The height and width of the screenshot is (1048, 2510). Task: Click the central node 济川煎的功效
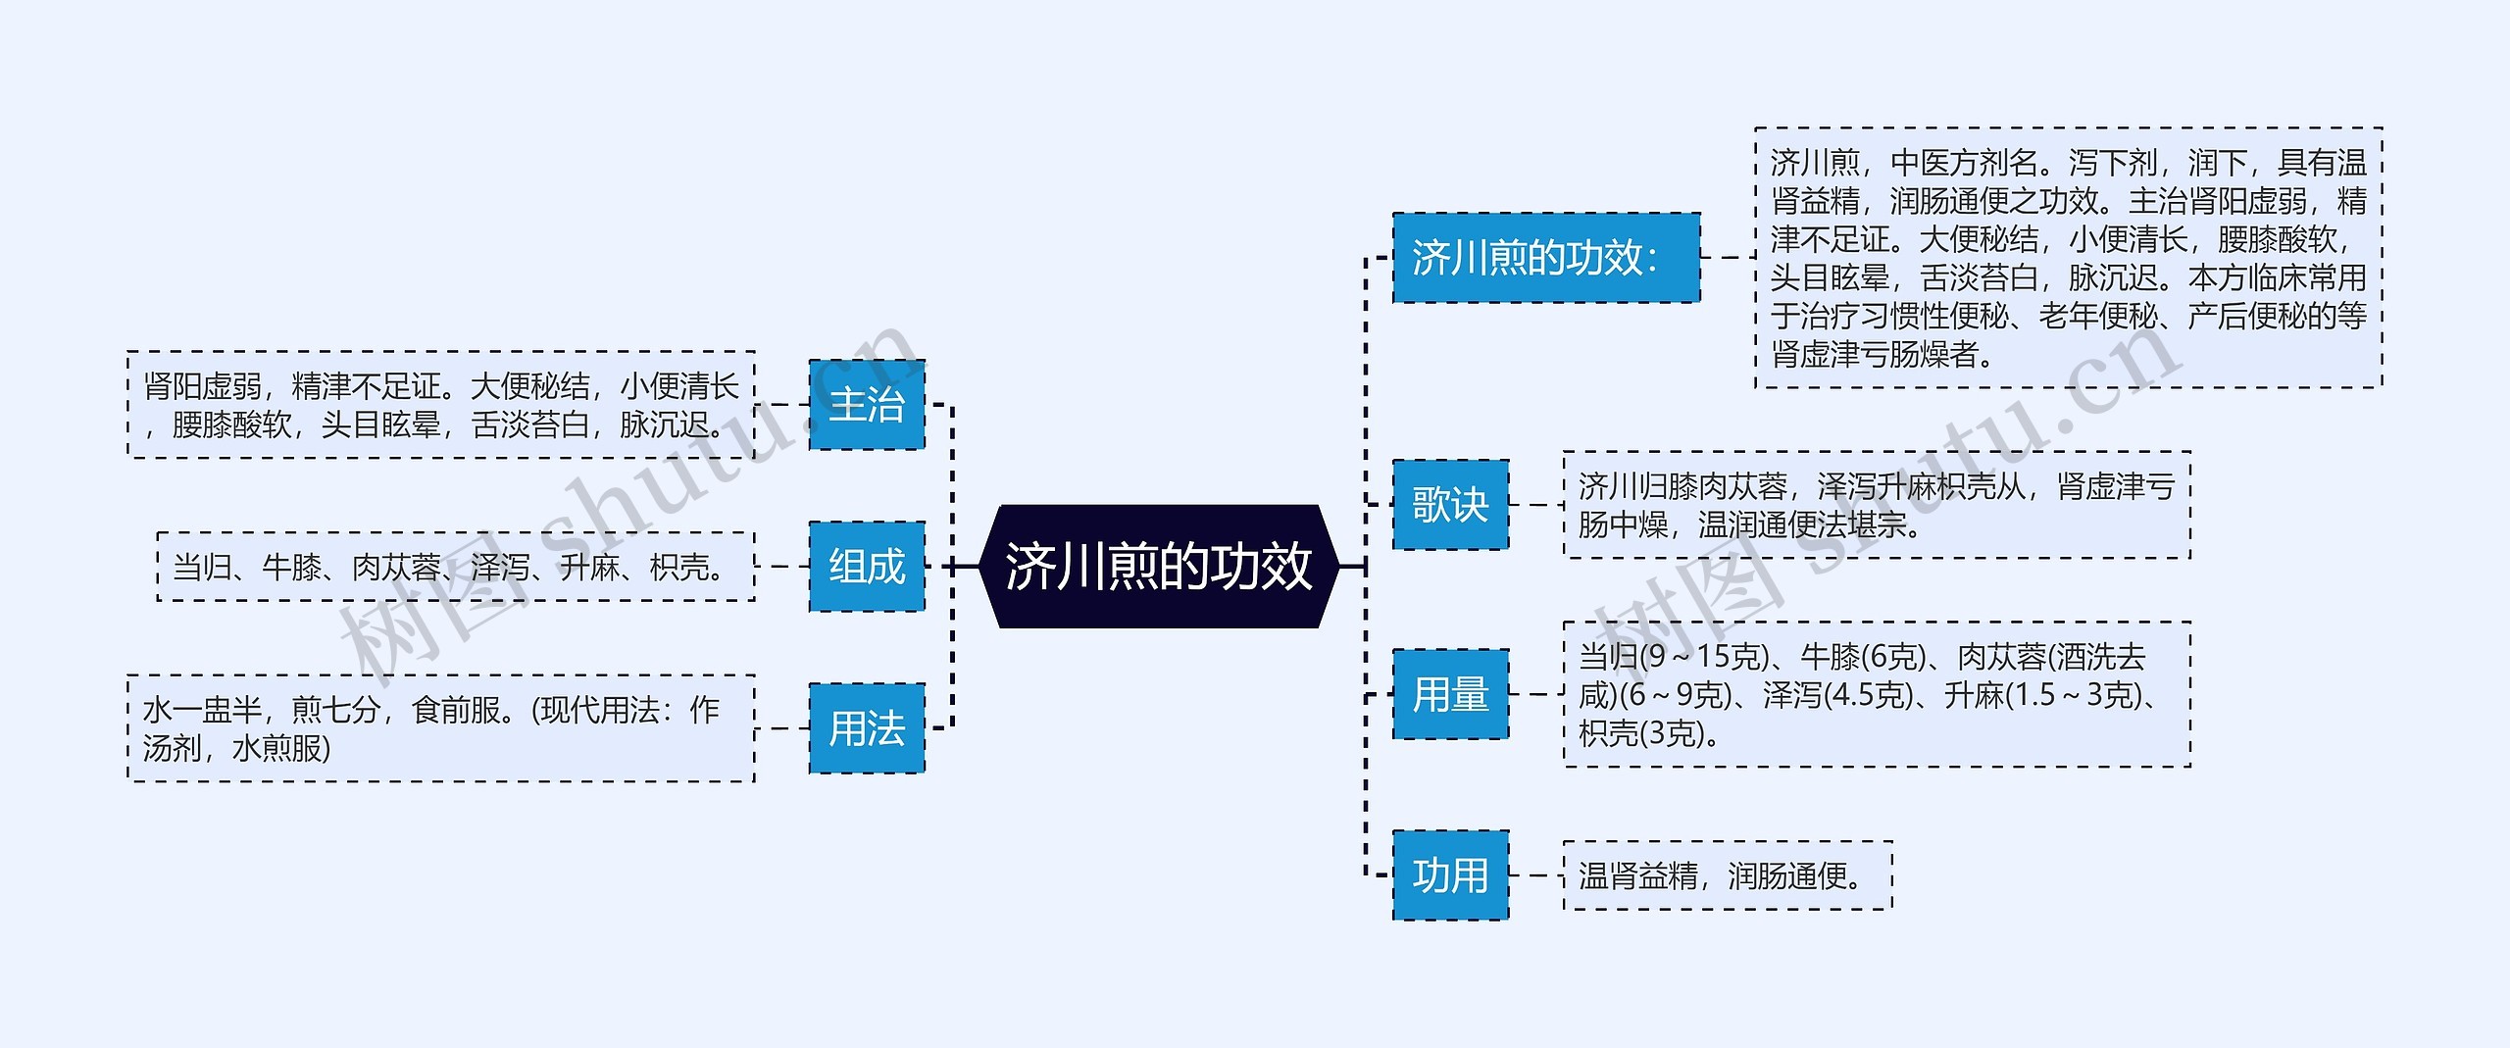tap(1158, 566)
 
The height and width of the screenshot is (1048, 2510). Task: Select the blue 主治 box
tap(867, 404)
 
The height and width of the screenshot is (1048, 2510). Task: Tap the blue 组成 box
tap(867, 566)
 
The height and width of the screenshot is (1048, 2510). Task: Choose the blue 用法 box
tap(867, 728)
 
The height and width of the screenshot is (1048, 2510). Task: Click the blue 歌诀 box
tap(1450, 505)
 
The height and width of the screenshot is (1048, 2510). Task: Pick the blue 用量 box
tap(1450, 694)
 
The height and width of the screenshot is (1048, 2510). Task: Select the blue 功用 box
tap(1450, 874)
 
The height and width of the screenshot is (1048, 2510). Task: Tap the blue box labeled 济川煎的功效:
tap(1546, 257)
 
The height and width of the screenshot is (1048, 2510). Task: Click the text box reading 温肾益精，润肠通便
tap(1727, 874)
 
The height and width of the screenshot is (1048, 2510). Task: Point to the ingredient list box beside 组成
tap(456, 567)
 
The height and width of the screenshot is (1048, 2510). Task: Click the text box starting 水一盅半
tap(441, 728)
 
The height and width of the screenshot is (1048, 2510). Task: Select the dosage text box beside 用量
tap(1876, 694)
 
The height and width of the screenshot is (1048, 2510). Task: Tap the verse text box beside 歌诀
tap(1876, 505)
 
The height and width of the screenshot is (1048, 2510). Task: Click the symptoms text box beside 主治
tap(441, 404)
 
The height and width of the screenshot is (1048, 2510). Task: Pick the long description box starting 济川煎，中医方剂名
tap(2068, 257)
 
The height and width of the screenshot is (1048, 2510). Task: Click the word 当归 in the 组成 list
tap(202, 567)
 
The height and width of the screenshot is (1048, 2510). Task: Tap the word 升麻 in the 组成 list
tap(588, 567)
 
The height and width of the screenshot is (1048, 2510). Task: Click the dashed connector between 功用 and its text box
tap(1535, 874)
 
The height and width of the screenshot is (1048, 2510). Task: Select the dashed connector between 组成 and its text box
tap(781, 566)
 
